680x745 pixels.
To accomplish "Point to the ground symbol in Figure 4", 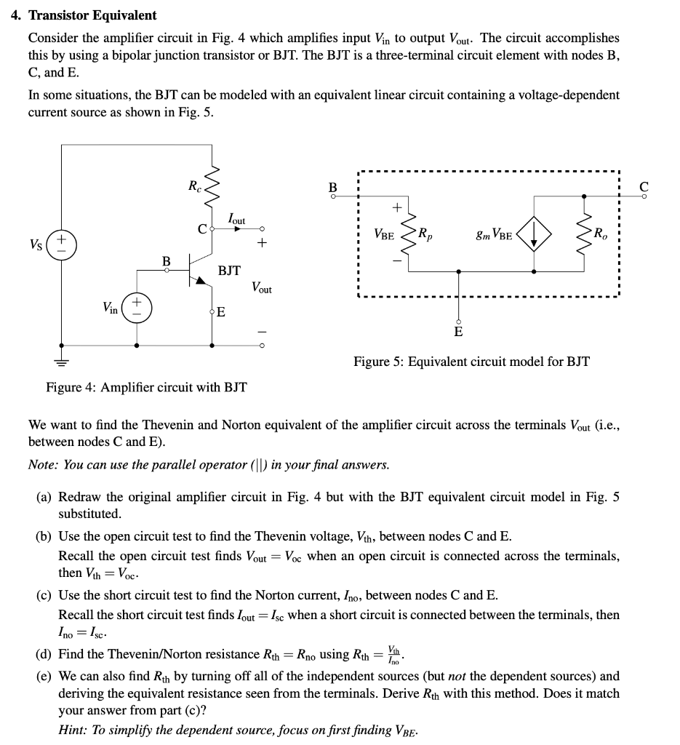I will pos(62,360).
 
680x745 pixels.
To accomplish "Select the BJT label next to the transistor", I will pos(229,271).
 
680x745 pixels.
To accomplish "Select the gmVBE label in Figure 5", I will pos(493,235).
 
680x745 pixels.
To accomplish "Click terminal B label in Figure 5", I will pos(333,187).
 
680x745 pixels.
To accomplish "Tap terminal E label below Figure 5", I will pos(458,332).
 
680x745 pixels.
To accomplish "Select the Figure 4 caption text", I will pos(146,387).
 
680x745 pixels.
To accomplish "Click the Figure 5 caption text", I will pos(471,361).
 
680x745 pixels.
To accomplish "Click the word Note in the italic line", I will pos(42,464).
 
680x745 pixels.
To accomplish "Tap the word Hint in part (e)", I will pos(73,730).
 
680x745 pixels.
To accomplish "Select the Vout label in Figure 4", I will pos(261,289).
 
